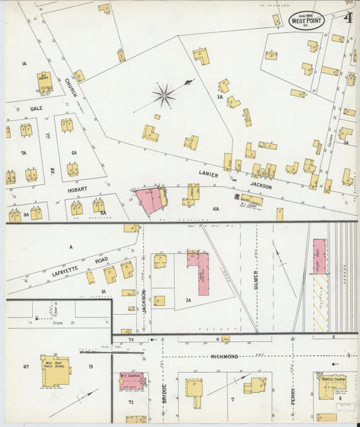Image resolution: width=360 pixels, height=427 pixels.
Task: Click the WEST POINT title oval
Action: pyautogui.click(x=307, y=20)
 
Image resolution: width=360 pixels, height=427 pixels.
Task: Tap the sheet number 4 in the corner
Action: pyautogui.click(x=348, y=18)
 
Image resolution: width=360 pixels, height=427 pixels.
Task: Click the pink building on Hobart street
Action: pyautogui.click(x=151, y=201)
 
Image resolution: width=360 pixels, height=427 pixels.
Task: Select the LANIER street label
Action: pyautogui.click(x=209, y=173)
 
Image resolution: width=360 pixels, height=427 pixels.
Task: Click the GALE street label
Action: pyautogui.click(x=36, y=108)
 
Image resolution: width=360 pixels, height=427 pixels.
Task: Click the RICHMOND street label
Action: pyautogui.click(x=224, y=356)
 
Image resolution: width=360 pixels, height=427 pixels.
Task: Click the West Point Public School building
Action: pyautogui.click(x=55, y=370)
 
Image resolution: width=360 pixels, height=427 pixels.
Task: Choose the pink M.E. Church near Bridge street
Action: pyautogui.click(x=131, y=382)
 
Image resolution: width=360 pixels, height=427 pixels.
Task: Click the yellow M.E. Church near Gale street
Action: pyautogui.click(x=45, y=82)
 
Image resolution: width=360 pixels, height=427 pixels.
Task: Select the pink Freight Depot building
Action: pyautogui.click(x=319, y=256)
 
